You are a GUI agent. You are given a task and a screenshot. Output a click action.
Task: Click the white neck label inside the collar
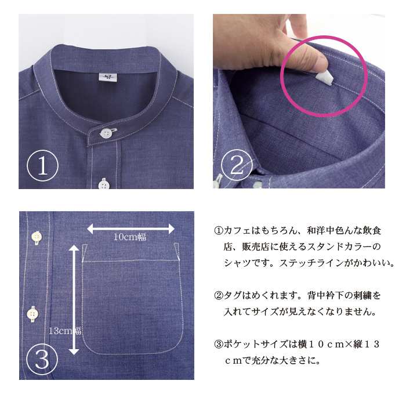tap(108, 77)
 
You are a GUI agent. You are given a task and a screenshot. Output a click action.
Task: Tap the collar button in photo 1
tap(106, 133)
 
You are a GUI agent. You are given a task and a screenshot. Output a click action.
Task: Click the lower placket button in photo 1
tap(104, 184)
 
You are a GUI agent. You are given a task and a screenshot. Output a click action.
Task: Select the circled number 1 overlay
tap(43, 166)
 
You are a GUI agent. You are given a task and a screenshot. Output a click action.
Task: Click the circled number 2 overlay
tap(237, 165)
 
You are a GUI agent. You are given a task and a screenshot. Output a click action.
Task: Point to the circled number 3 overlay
tap(42, 359)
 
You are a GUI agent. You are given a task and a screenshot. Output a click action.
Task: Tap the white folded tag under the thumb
tap(323, 78)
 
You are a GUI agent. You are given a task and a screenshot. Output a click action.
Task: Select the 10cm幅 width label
tap(130, 237)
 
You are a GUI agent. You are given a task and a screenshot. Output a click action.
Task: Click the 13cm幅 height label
tap(65, 331)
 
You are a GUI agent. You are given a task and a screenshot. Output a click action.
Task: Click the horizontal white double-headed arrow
tap(130, 229)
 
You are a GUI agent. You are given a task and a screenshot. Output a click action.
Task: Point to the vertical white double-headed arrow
tap(74, 300)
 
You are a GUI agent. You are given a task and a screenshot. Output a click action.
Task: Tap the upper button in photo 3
tap(37, 237)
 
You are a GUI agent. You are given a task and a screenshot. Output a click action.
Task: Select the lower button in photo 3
tap(32, 314)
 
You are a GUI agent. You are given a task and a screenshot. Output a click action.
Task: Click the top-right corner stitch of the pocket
tap(179, 260)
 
